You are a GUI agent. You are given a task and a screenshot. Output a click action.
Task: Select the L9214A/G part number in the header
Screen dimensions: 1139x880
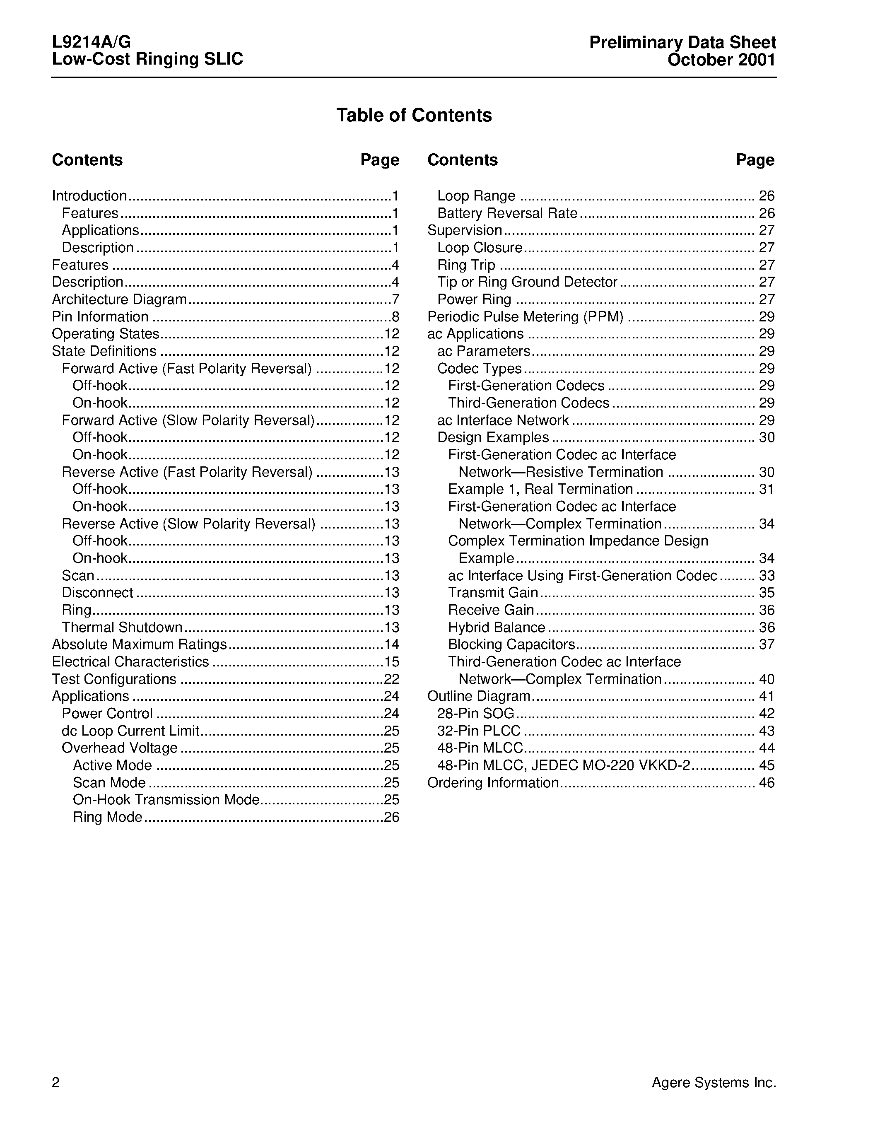pyautogui.click(x=91, y=42)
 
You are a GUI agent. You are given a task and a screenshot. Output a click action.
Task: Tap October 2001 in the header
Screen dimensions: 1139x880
pyautogui.click(x=721, y=60)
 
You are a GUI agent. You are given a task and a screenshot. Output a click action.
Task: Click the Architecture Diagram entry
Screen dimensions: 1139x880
pyautogui.click(x=119, y=299)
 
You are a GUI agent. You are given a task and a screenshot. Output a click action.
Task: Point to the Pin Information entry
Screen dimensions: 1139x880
pyautogui.click(x=100, y=316)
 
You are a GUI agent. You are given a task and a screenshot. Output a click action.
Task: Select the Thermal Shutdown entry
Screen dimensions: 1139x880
pyautogui.click(x=122, y=627)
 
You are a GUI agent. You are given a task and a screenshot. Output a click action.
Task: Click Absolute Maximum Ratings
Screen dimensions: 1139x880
pyautogui.click(x=139, y=644)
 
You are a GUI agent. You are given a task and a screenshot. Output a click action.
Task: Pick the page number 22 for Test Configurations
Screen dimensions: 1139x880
pyautogui.click(x=391, y=679)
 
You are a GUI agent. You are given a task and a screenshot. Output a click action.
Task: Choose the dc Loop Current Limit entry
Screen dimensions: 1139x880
pyautogui.click(x=130, y=731)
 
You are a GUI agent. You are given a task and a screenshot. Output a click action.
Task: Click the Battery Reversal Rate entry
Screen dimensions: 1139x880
pyautogui.click(x=507, y=213)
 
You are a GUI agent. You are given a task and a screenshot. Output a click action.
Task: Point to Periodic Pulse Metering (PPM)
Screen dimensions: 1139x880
pyautogui.click(x=525, y=316)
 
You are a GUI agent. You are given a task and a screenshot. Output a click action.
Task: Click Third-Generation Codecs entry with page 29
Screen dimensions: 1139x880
pyautogui.click(x=528, y=403)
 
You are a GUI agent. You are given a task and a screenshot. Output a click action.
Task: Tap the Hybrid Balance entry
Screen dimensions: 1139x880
pyautogui.click(x=496, y=627)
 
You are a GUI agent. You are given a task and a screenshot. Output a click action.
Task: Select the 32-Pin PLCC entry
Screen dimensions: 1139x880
pyautogui.click(x=479, y=731)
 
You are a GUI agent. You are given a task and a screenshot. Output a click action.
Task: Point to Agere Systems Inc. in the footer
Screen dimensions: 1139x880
pyautogui.click(x=713, y=1083)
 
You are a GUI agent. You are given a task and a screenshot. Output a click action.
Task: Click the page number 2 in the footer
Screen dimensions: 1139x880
pyautogui.click(x=56, y=1083)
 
